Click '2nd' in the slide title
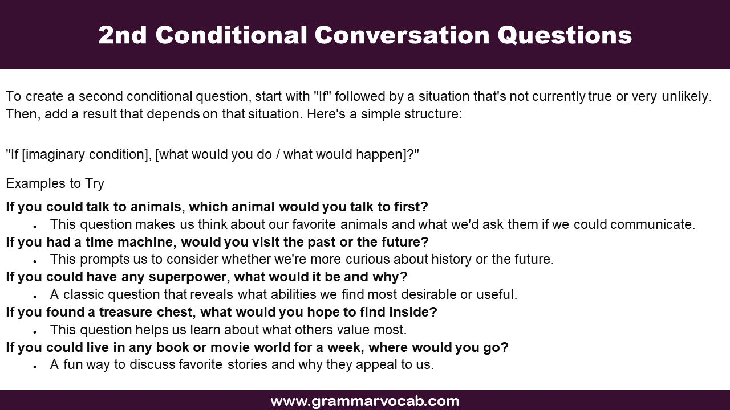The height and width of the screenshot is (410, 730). (123, 35)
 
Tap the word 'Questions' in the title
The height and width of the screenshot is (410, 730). (565, 35)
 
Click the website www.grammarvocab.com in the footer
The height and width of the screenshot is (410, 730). (364, 401)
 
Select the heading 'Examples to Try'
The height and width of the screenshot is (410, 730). (55, 183)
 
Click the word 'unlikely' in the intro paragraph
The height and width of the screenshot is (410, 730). (687, 96)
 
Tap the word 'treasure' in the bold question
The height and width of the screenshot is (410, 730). (125, 312)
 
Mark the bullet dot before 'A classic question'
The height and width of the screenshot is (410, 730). (35, 297)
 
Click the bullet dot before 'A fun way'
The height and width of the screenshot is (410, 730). (35, 366)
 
